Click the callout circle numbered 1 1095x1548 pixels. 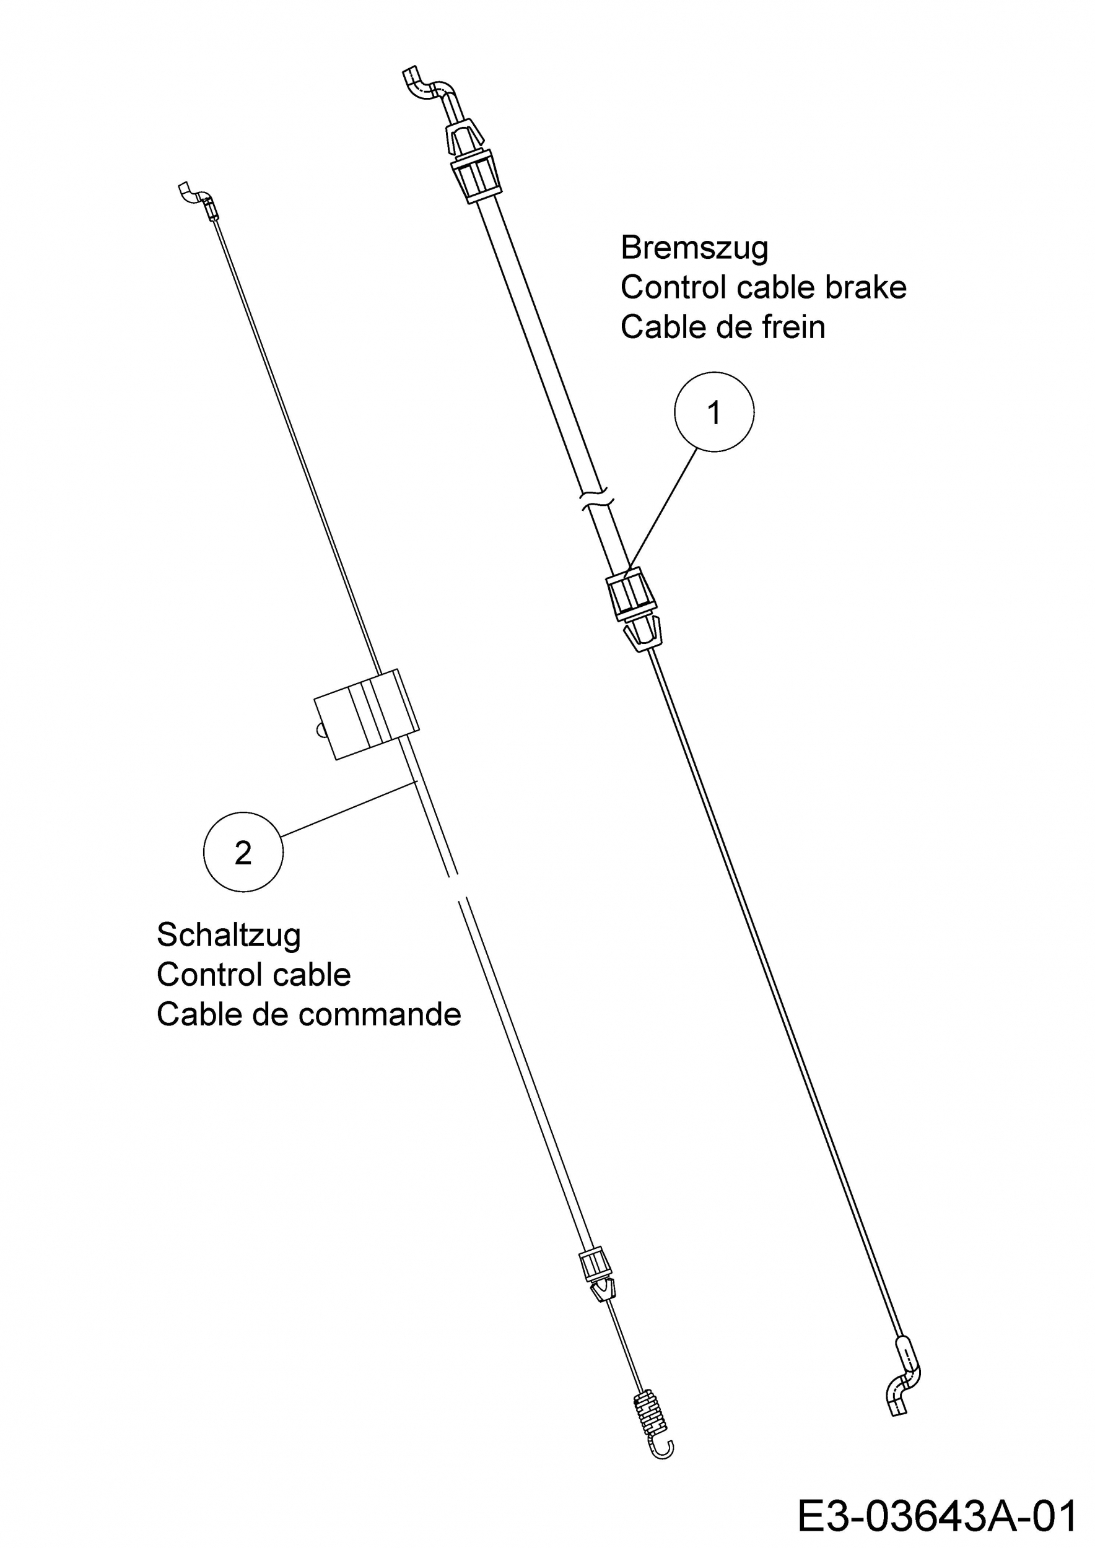(714, 412)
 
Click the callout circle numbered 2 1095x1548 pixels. (243, 851)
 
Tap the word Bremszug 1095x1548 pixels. (694, 248)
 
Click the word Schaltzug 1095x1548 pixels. (229, 935)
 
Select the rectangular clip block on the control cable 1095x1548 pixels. (366, 714)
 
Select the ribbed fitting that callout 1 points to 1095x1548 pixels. (632, 594)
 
